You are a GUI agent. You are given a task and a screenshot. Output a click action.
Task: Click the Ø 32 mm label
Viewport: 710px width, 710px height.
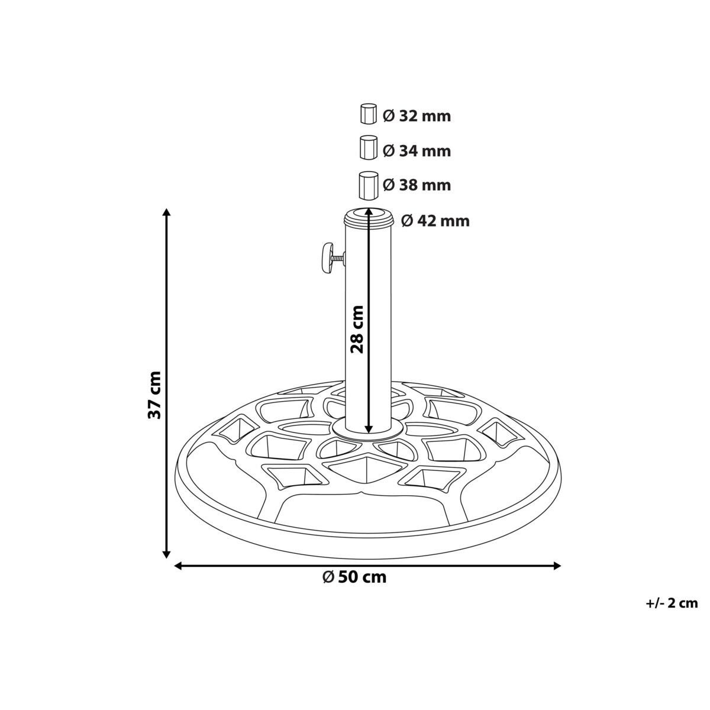click(x=417, y=116)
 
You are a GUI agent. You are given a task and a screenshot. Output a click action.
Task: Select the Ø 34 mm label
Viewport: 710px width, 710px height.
click(x=417, y=151)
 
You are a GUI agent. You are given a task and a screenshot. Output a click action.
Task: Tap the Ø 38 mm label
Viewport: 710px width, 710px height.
click(x=417, y=185)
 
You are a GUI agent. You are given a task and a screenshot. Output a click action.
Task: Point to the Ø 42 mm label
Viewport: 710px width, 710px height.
click(x=435, y=221)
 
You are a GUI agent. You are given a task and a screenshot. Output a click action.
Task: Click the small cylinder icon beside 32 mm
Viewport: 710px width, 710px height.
click(x=368, y=114)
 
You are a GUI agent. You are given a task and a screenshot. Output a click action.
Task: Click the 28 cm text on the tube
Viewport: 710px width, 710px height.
click(x=357, y=329)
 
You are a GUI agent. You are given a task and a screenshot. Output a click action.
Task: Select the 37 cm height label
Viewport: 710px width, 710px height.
click(x=155, y=395)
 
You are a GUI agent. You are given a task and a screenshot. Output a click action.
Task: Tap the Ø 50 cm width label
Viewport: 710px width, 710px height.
click(x=355, y=577)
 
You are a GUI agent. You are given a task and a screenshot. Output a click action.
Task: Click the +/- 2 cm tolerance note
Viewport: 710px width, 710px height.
click(x=672, y=603)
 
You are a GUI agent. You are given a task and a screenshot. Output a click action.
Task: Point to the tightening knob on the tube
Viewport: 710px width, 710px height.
click(x=325, y=259)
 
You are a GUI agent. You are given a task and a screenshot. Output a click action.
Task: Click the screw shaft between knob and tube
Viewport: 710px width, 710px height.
click(x=338, y=257)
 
